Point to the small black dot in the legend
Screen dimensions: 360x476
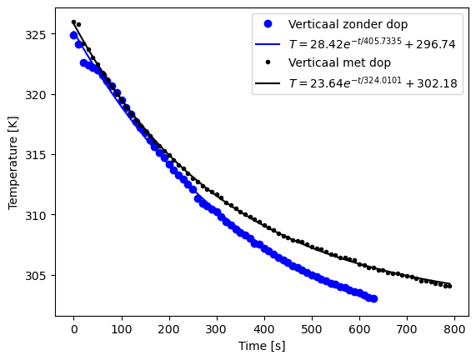tap(269, 63)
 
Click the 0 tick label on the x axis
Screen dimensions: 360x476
tap(73, 330)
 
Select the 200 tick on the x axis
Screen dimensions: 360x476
tap(169, 330)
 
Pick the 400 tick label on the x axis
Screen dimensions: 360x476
tap(264, 330)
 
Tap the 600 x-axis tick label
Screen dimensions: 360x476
tap(359, 330)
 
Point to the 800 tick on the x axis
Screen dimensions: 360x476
tap(455, 330)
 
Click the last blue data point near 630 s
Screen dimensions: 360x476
tap(373, 298)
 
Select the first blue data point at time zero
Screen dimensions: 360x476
tap(73, 35)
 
